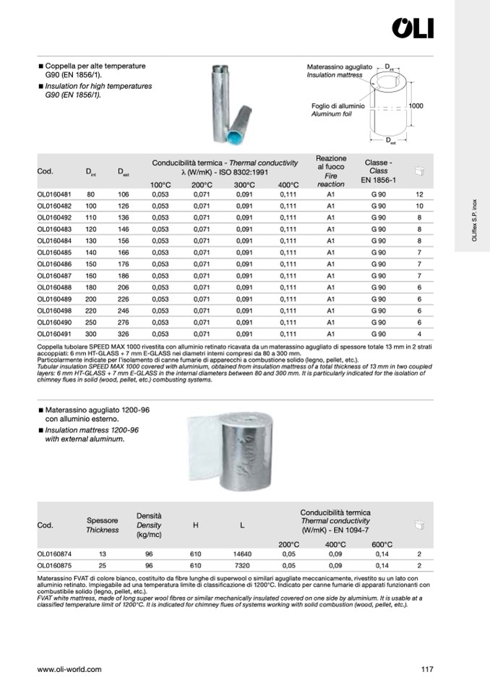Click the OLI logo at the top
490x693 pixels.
click(413, 28)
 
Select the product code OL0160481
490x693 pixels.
click(54, 195)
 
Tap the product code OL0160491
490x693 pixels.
click(54, 335)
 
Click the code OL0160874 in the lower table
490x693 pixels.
click(54, 554)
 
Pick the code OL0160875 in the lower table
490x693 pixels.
click(54, 566)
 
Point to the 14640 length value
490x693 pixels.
click(242, 554)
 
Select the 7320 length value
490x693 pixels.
click(242, 566)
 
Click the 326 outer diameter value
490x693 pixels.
click(122, 335)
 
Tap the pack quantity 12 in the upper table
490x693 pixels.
click(419, 195)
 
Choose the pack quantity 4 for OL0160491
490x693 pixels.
click(419, 335)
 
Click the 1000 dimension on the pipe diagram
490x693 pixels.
click(416, 106)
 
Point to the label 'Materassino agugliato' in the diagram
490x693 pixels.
click(340, 66)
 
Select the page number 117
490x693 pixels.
click(426, 669)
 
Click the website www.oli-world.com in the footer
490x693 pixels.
click(69, 669)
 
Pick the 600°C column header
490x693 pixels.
click(382, 544)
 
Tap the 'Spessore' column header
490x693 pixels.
click(102, 520)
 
